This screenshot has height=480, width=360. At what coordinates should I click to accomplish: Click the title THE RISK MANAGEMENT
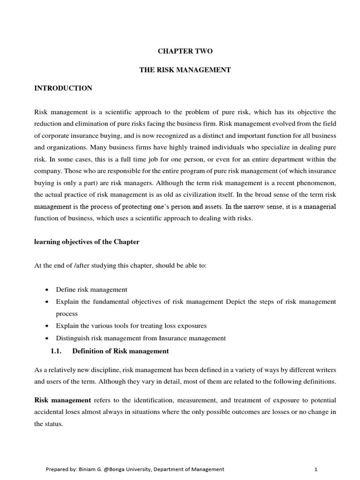(185, 70)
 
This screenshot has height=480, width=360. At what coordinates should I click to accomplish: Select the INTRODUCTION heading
(63, 88)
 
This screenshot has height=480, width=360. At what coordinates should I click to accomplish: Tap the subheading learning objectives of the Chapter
(87, 242)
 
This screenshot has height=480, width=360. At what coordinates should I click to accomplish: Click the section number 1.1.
(57, 351)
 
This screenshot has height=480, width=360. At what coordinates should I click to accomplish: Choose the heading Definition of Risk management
(121, 351)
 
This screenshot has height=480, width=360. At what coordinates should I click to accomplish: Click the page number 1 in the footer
(316, 469)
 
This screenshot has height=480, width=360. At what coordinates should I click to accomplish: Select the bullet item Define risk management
(91, 290)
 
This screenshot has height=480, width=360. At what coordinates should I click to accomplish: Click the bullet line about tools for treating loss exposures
(131, 325)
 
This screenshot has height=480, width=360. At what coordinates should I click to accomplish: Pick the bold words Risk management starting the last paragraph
(63, 400)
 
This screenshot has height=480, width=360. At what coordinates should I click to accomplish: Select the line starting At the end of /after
(120, 266)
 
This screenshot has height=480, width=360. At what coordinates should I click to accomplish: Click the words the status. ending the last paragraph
(48, 424)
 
